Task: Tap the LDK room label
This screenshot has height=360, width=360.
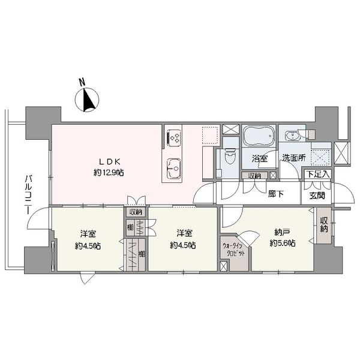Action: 110,162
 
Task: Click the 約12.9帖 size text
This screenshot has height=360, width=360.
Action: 109,172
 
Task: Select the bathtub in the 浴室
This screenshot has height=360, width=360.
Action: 259,136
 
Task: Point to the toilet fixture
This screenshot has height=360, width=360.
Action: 230,156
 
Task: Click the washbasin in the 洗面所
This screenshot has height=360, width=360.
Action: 292,136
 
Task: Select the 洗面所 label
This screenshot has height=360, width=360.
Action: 294,158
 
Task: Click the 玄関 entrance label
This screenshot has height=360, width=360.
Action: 317,196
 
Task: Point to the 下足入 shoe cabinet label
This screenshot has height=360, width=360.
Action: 318,174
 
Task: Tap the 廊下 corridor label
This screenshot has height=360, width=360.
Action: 276,194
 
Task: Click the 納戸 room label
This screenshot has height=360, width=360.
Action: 282,232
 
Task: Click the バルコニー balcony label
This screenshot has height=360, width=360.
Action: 28,194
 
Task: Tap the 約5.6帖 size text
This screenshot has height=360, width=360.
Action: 283,243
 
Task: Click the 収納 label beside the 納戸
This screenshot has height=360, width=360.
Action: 324,224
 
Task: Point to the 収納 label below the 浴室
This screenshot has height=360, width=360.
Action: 255,176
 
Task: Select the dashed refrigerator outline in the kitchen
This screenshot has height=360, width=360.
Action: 210,135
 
